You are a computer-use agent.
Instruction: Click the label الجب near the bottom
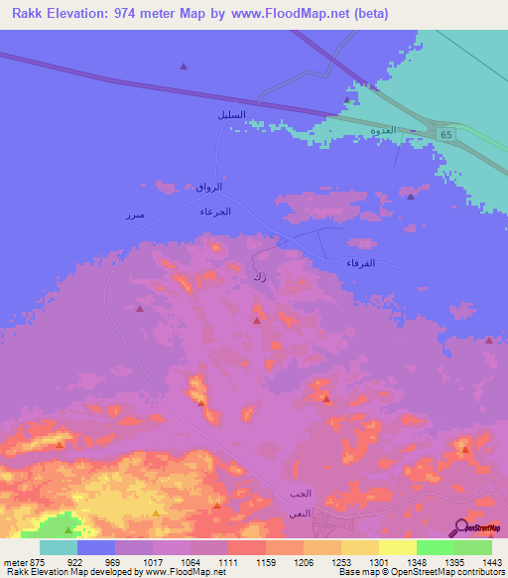(300, 494)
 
